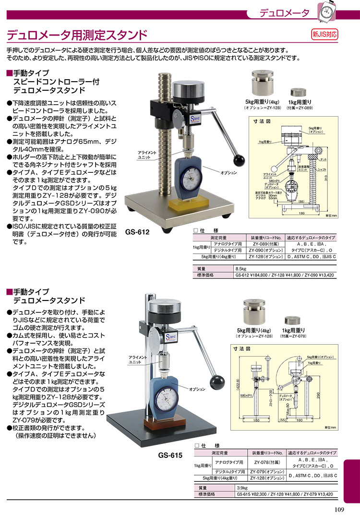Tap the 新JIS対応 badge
(x=325, y=35)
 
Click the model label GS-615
(x=170, y=455)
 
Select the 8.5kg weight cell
(x=241, y=269)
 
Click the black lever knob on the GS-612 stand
(x=240, y=159)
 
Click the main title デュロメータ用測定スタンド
(x=77, y=35)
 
